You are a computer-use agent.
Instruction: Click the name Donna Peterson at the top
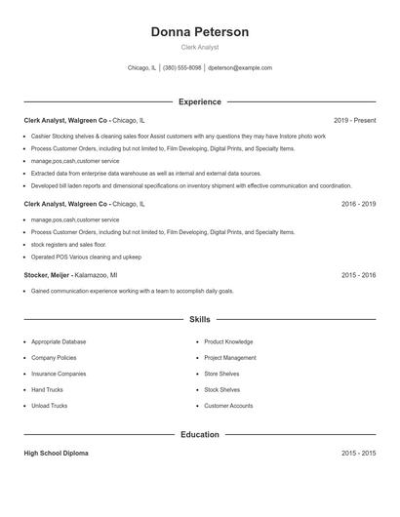pyautogui.click(x=200, y=32)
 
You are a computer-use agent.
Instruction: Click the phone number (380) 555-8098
pyautogui.click(x=181, y=68)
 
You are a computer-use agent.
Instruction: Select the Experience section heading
pyautogui.click(x=200, y=101)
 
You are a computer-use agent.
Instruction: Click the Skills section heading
pyautogui.click(x=200, y=319)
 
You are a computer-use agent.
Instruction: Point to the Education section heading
pyautogui.click(x=200, y=434)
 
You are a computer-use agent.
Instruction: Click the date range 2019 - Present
pyautogui.click(x=354, y=120)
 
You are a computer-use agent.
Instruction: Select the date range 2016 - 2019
pyautogui.click(x=358, y=205)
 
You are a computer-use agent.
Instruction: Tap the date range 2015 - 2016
pyautogui.click(x=358, y=275)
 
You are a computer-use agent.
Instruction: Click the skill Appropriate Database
pyautogui.click(x=59, y=342)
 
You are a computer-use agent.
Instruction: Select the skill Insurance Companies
pyautogui.click(x=59, y=374)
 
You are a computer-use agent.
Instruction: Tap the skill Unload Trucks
pyautogui.click(x=49, y=406)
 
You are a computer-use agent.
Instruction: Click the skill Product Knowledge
pyautogui.click(x=228, y=342)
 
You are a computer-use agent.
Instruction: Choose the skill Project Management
pyautogui.click(x=230, y=358)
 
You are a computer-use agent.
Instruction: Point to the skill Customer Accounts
pyautogui.click(x=228, y=406)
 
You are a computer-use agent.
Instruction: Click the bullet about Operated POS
pyautogui.click(x=86, y=257)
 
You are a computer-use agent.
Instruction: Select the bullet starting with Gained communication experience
pyautogui.click(x=132, y=292)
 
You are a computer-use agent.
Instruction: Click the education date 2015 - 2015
pyautogui.click(x=358, y=454)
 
